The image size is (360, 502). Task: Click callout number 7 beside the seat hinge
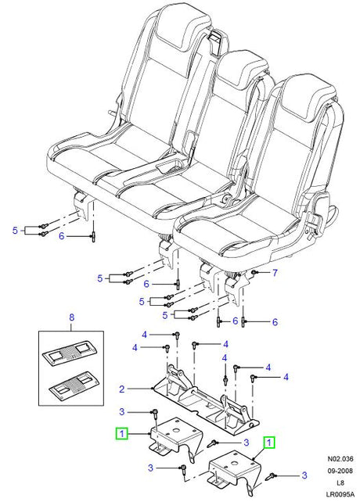click(x=275, y=273)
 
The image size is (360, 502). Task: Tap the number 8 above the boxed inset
click(x=71, y=317)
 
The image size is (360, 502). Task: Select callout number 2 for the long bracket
click(x=121, y=389)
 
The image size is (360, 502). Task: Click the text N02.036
click(x=340, y=459)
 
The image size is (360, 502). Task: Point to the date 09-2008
click(x=340, y=471)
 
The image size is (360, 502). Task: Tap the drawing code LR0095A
click(x=340, y=495)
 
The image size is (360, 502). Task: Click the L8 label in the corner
click(x=340, y=483)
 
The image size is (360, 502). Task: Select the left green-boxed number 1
click(x=122, y=434)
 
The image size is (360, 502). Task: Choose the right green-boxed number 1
click(x=269, y=443)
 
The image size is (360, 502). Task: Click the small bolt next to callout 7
click(x=254, y=272)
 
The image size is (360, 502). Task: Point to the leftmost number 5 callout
click(x=15, y=231)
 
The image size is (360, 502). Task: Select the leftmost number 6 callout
click(x=62, y=236)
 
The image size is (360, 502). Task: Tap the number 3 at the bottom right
click(x=304, y=475)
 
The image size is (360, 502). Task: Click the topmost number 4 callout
click(x=144, y=335)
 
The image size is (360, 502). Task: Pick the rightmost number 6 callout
click(x=275, y=321)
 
